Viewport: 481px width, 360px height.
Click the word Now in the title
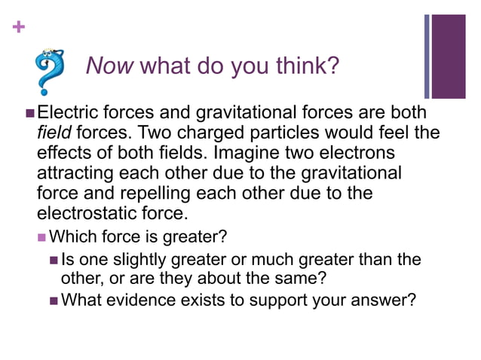tap(110, 66)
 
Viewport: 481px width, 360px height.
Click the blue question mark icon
tap(50, 72)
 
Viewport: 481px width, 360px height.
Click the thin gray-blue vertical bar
tap(427, 56)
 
